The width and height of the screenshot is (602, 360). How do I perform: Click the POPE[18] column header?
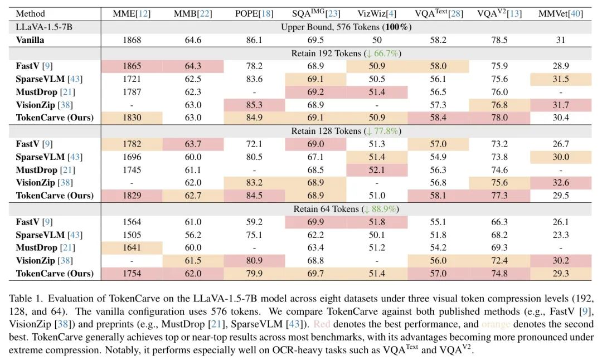pos(253,13)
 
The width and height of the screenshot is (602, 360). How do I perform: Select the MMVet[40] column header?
pos(561,13)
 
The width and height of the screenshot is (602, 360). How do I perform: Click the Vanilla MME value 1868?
pos(132,40)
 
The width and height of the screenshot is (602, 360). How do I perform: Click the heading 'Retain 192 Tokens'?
pos(346,53)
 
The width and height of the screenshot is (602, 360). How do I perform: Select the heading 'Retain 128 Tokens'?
pos(346,131)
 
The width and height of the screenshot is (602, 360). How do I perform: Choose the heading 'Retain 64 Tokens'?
pos(346,209)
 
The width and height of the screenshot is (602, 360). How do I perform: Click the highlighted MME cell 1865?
pos(132,66)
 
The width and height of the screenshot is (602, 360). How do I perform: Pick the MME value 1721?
pos(132,79)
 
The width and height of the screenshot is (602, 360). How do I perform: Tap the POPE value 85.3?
pos(253,105)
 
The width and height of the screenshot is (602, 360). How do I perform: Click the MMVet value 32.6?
pos(561,183)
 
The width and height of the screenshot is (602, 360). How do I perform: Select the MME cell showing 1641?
pos(132,247)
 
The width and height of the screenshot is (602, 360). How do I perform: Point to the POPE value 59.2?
pos(253,222)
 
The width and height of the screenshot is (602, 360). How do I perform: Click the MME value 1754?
pos(132,274)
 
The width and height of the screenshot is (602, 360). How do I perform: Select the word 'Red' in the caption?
pos(322,324)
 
